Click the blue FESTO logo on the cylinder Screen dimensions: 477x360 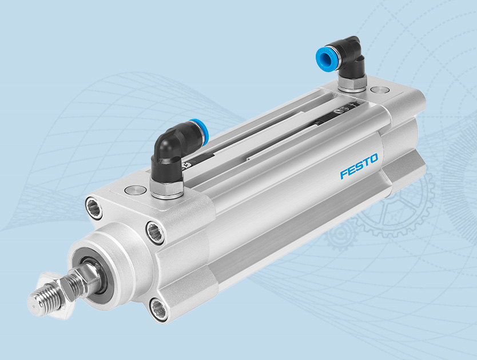(x=359, y=166)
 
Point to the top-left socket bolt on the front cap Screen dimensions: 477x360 (x=94, y=207)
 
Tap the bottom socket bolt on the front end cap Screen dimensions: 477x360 (x=160, y=309)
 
